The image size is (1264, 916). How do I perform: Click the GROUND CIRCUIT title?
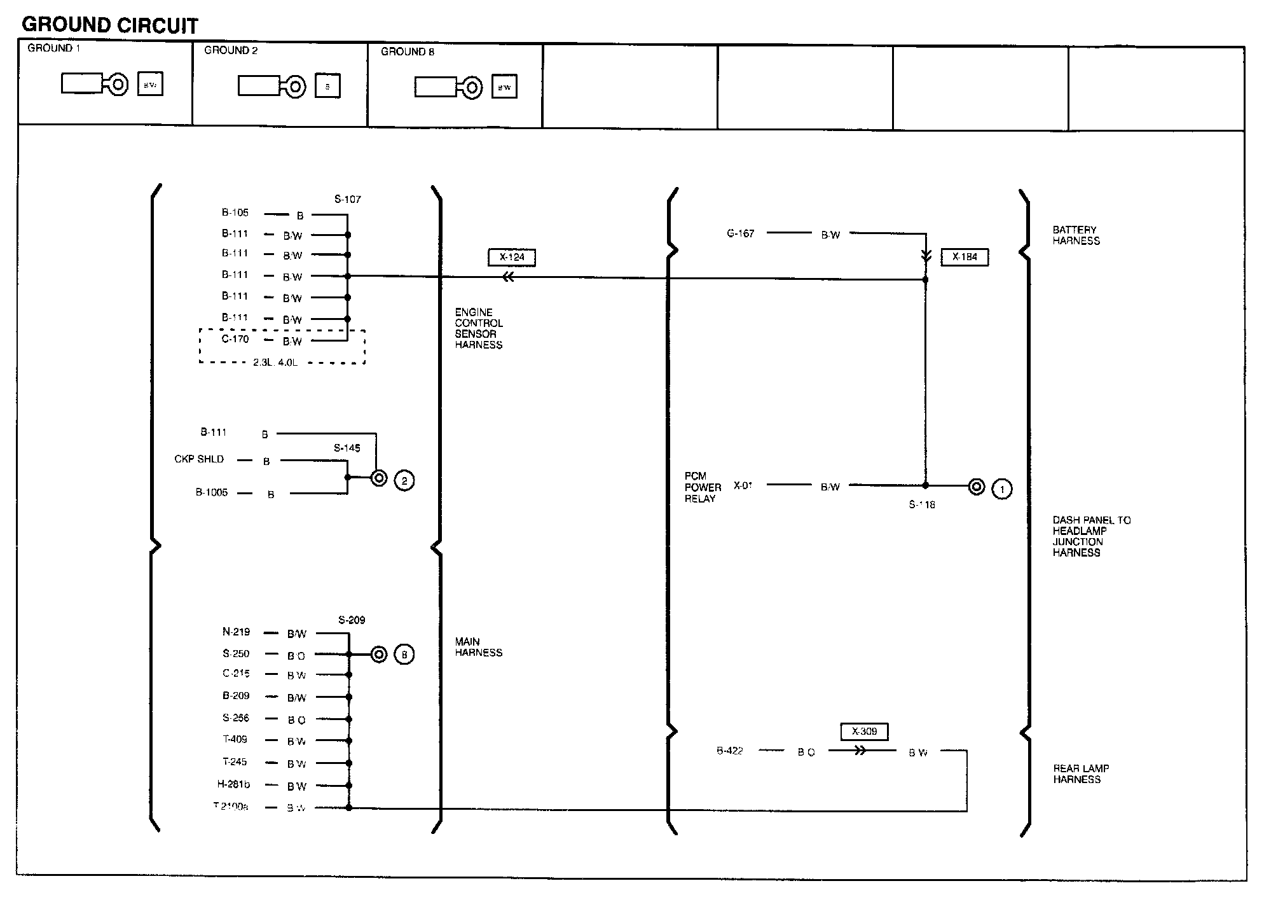[110, 25]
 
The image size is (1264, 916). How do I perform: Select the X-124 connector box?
[512, 257]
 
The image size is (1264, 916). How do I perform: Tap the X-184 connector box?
[965, 257]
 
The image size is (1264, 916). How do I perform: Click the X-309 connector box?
[864, 732]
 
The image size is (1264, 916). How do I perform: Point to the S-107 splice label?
[348, 199]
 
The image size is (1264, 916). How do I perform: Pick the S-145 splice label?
[347, 448]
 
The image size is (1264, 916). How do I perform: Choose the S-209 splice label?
[352, 620]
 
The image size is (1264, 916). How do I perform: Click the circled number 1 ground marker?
[1002, 489]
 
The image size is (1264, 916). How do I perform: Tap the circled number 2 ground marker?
[404, 480]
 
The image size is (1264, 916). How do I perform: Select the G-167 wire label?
[741, 233]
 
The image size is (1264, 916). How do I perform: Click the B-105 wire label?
[235, 212]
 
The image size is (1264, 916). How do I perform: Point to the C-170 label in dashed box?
[235, 339]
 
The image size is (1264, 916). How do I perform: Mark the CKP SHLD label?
[199, 459]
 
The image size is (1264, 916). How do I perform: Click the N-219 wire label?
[236, 632]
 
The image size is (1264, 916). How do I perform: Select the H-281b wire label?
[233, 784]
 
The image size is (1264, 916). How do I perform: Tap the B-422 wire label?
[730, 751]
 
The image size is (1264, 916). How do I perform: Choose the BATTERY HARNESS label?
[1076, 235]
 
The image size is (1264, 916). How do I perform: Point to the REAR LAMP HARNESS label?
[1081, 774]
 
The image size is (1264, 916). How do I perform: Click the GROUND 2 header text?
[231, 50]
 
